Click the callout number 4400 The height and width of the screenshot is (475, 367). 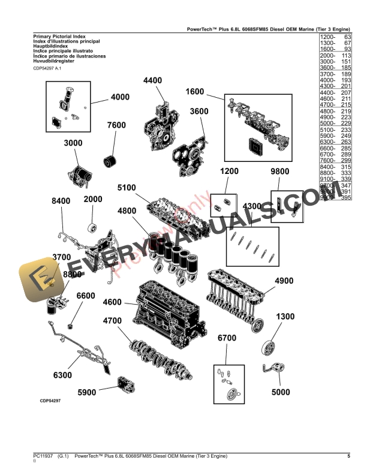[x=152, y=80]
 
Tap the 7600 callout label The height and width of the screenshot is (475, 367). [x=116, y=125]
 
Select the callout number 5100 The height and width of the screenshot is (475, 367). [x=127, y=188]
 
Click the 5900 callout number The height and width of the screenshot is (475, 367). [x=87, y=393]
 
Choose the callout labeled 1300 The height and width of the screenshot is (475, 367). [x=285, y=317]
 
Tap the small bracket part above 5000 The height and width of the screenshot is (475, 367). [x=272, y=369]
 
